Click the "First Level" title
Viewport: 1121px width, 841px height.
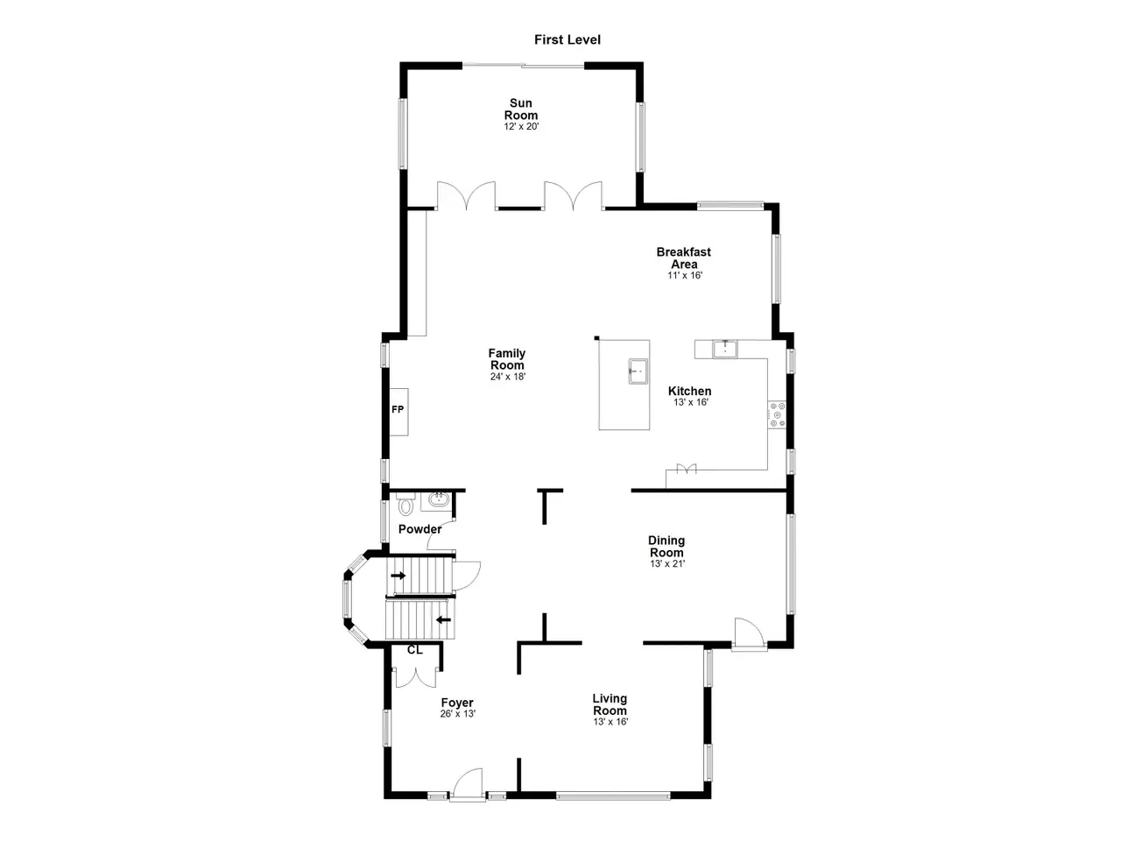click(x=567, y=39)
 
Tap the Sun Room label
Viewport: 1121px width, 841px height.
click(x=521, y=110)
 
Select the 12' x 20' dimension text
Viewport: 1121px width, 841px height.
click(x=521, y=126)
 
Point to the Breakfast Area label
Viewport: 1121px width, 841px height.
click(x=683, y=258)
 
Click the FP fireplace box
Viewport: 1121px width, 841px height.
click(x=398, y=412)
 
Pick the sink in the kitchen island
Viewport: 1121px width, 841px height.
click(x=638, y=371)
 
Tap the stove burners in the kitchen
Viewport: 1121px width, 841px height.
click(x=777, y=414)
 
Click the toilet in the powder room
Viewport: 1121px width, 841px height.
click(x=405, y=504)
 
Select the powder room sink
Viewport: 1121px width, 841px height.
click(x=438, y=499)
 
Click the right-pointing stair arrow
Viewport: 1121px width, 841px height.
click(x=398, y=576)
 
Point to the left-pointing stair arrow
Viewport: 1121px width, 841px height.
click(x=443, y=620)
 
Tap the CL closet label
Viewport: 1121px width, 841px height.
click(x=415, y=650)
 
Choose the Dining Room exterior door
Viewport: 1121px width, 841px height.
click(x=749, y=634)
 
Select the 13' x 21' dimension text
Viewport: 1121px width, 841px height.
click(x=667, y=563)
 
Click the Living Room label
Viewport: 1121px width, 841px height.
click(x=610, y=704)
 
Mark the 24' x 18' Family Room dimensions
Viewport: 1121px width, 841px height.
click(x=508, y=377)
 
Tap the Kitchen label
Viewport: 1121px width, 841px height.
click(x=689, y=391)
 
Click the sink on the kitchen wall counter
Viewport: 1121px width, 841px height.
click(x=724, y=349)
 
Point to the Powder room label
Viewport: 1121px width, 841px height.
click(x=419, y=529)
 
